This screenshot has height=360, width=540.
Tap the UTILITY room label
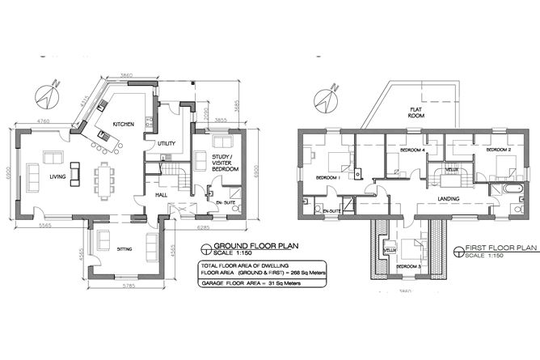(x=167, y=143)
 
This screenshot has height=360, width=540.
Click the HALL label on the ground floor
(x=162, y=195)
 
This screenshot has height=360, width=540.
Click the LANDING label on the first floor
(x=449, y=198)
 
